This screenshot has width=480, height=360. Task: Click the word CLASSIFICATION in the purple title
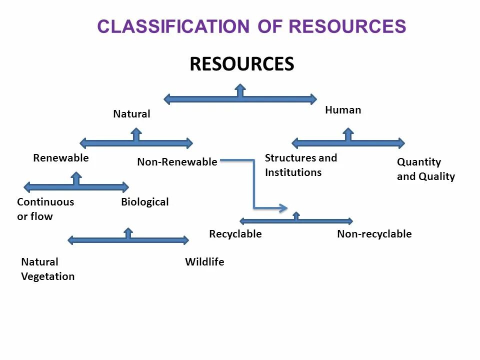pyautogui.click(x=172, y=26)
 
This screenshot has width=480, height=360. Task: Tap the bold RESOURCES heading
pyautogui.click(x=241, y=64)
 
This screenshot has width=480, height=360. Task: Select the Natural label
pyautogui.click(x=131, y=114)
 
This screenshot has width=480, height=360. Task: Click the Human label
pyautogui.click(x=343, y=110)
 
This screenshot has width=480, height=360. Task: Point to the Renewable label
pyautogui.click(x=61, y=158)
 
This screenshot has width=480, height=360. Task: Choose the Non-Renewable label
pyautogui.click(x=177, y=162)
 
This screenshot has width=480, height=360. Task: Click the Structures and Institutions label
pyautogui.click(x=301, y=165)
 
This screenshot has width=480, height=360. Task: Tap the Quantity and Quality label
pyautogui.click(x=426, y=169)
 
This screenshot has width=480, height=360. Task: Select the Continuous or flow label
pyautogui.click(x=45, y=209)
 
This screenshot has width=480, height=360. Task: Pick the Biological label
pyautogui.click(x=145, y=202)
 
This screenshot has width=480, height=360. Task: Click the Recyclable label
pyautogui.click(x=235, y=234)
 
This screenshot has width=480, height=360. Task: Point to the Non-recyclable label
pyautogui.click(x=374, y=234)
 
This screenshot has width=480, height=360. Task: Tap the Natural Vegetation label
pyautogui.click(x=48, y=269)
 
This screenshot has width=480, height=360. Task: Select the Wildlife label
pyautogui.click(x=204, y=262)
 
